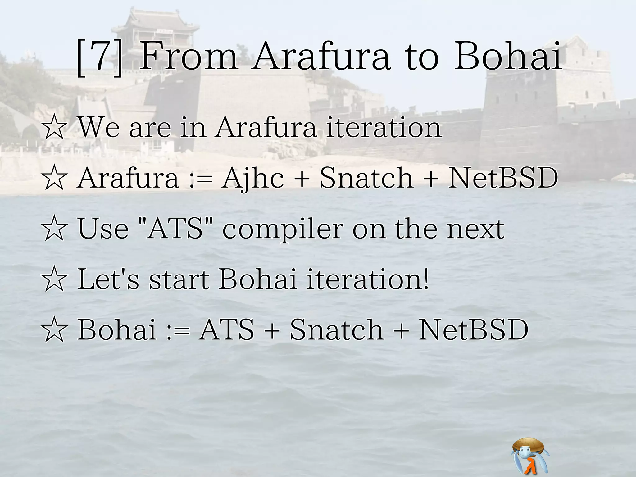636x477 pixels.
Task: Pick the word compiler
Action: pyautogui.click(x=283, y=230)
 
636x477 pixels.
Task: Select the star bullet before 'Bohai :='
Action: pyautogui.click(x=54, y=330)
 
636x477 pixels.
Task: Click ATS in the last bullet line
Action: pyautogui.click(x=227, y=330)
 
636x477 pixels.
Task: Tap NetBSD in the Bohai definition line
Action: pyautogui.click(x=473, y=330)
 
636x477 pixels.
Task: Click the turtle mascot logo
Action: pyautogui.click(x=529, y=455)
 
